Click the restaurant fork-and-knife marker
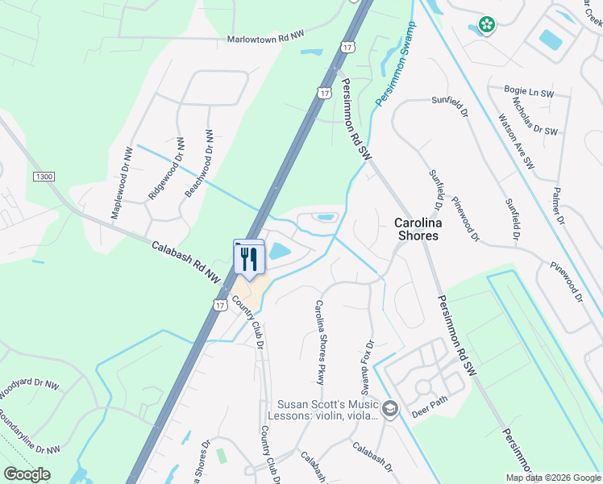point(248,259)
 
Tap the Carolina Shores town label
point(416,229)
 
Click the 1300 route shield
point(44,176)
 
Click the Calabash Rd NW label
point(185,260)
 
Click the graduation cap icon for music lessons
point(390,410)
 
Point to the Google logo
point(27,474)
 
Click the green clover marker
point(486,25)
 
